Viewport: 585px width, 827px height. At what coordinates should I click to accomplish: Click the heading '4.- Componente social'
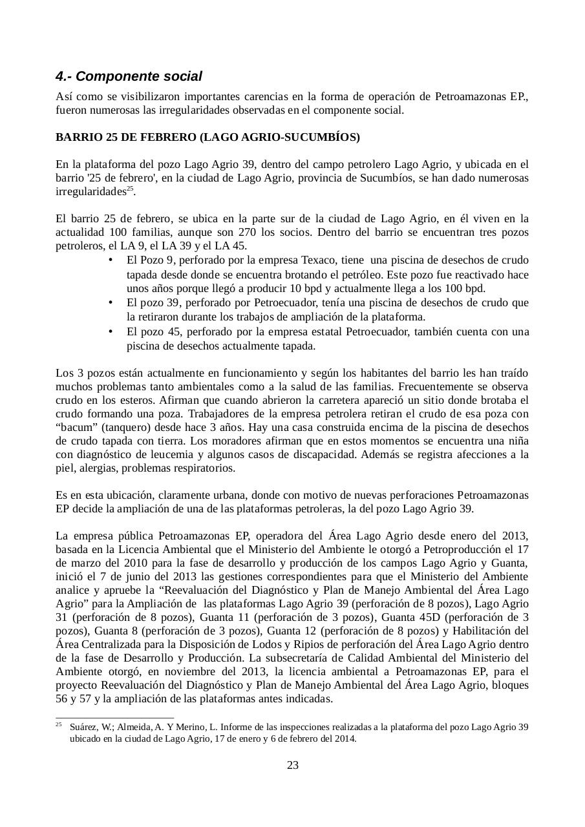click(129, 76)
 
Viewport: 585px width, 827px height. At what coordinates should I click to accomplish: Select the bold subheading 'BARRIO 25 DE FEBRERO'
click(125, 138)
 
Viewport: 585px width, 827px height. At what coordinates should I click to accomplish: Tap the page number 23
click(292, 766)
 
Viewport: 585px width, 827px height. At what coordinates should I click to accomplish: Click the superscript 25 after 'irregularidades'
click(129, 189)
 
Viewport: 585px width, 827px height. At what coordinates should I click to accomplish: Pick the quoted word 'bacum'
click(75, 427)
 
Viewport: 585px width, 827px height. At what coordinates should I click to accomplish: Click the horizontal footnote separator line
click(115, 718)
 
